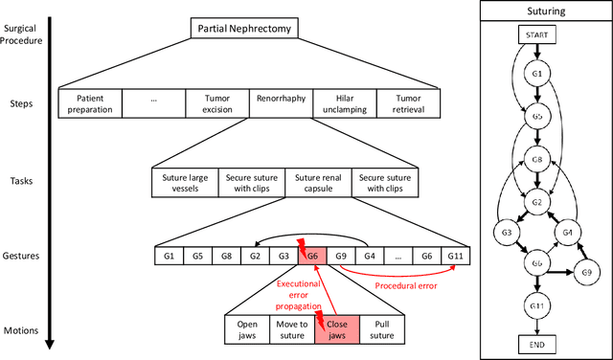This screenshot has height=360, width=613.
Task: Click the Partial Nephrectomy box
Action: click(244, 30)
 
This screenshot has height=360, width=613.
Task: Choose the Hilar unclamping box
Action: click(345, 103)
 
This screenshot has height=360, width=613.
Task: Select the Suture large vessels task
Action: click(184, 182)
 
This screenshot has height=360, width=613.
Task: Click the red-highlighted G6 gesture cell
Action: click(311, 256)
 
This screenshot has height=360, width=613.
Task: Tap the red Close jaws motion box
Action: click(338, 329)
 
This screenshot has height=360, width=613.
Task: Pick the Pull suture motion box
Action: click(383, 329)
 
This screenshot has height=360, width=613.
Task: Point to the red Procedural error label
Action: click(406, 285)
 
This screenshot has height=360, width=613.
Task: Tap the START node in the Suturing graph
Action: click(535, 34)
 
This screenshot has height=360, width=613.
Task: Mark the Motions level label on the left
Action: click(21, 330)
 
